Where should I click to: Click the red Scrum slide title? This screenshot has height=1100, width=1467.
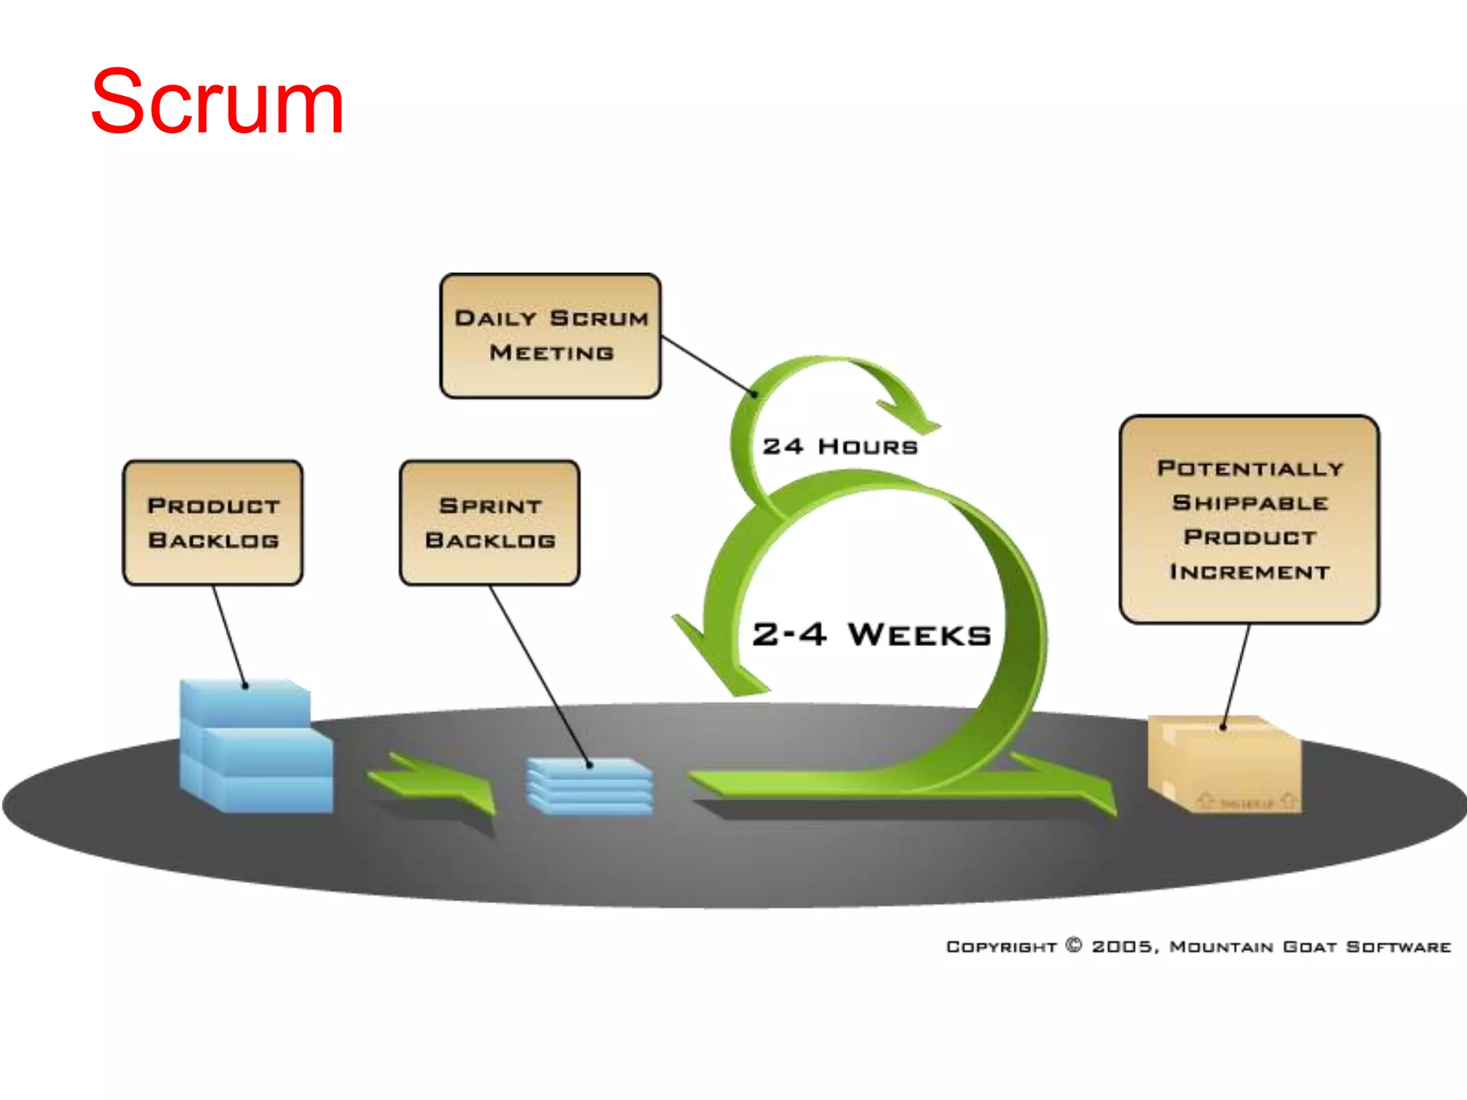[217, 102]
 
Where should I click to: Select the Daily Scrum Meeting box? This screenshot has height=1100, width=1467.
[550, 335]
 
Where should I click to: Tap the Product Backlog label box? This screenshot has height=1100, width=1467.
[213, 523]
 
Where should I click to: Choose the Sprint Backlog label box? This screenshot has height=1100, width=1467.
[490, 523]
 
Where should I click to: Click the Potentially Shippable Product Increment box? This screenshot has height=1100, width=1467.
[1249, 519]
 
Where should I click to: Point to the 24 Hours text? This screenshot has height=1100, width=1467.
[840, 447]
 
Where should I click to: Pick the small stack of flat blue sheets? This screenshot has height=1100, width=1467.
[589, 786]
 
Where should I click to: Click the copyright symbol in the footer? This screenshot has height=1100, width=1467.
[1074, 945]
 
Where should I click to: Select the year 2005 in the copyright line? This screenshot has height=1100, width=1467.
[1123, 947]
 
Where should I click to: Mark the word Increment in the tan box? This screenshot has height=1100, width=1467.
[1249, 572]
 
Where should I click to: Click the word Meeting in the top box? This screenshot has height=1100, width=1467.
[552, 353]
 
